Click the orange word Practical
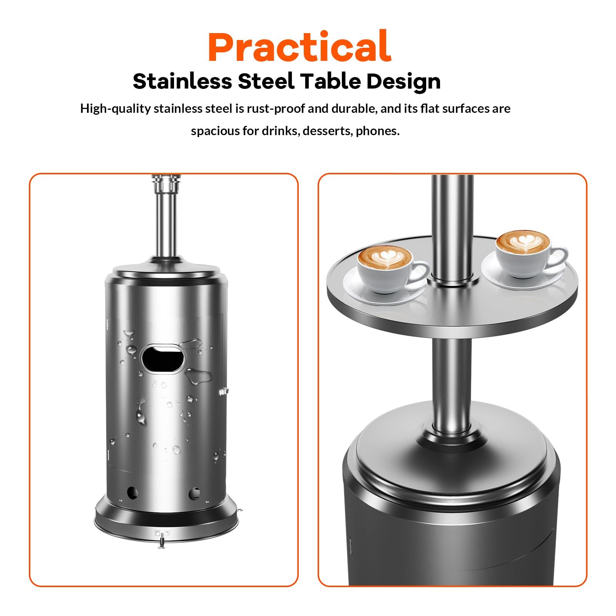(300, 47)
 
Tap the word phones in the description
(378, 132)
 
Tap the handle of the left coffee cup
(421, 272)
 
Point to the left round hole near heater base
(132, 492)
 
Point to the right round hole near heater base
(194, 492)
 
